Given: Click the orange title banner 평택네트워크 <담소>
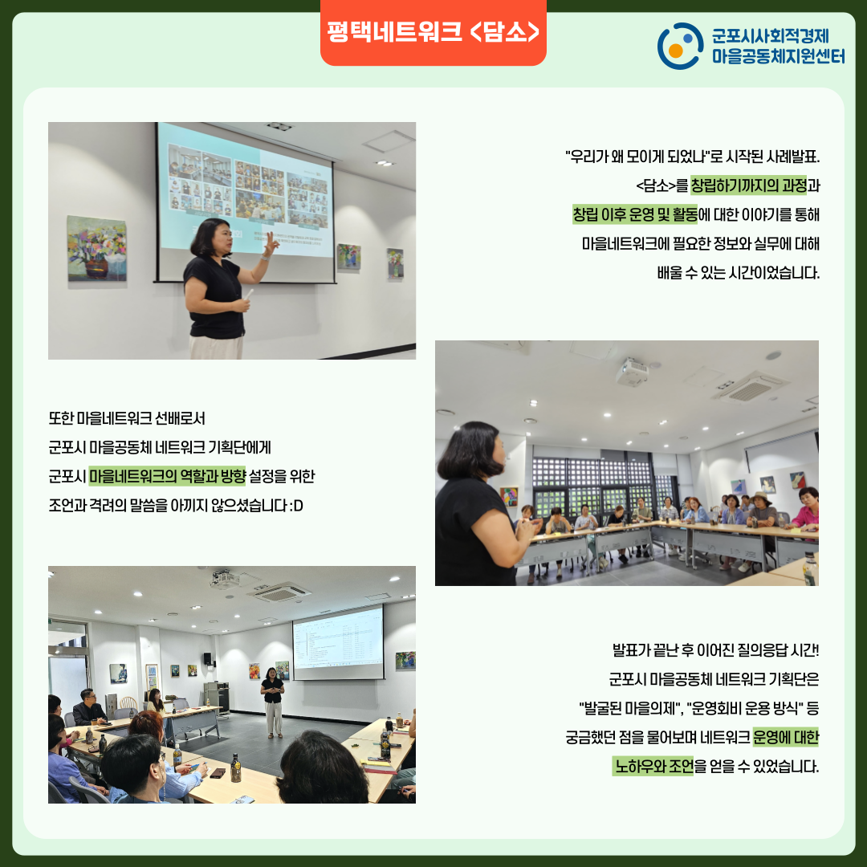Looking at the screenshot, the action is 433,32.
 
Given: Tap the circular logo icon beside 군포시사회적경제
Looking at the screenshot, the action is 680,46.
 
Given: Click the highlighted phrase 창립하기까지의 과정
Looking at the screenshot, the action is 749,185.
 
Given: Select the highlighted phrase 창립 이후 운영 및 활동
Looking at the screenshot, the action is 635,214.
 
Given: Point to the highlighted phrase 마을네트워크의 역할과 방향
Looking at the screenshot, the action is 167,476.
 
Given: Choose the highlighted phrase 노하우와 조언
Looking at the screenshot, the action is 653,767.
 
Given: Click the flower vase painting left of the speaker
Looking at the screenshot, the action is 97,248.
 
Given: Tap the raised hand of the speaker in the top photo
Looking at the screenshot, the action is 271,243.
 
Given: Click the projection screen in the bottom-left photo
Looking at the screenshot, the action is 338,642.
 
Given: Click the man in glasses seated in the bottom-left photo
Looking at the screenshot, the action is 88,707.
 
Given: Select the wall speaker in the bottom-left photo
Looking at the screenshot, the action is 208,658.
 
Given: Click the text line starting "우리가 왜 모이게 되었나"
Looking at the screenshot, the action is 692,157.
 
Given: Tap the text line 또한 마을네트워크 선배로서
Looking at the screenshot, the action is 127,418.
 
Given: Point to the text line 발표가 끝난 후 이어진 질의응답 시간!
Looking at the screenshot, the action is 715,649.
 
